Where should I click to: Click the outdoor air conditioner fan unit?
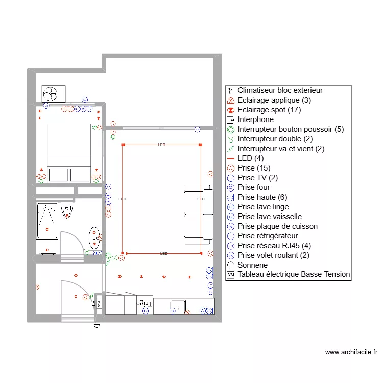(x=54, y=93)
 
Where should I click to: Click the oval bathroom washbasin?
(x=95, y=236)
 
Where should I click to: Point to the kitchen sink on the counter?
(x=178, y=307)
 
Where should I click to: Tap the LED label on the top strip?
(x=161, y=145)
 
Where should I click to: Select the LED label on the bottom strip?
(x=163, y=253)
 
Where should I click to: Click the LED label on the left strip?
(x=122, y=199)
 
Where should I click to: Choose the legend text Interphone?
(x=255, y=119)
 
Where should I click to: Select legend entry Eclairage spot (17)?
(x=269, y=110)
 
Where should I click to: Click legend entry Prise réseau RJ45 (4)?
(x=274, y=246)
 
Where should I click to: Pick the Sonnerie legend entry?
(x=252, y=265)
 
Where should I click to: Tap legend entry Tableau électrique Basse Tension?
(x=294, y=275)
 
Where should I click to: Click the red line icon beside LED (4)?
(x=231, y=158)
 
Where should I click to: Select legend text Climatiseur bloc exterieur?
(x=280, y=90)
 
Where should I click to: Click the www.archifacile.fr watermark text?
(x=351, y=352)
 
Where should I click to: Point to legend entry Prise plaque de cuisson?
(x=277, y=226)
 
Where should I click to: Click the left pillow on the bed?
(x=58, y=175)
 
